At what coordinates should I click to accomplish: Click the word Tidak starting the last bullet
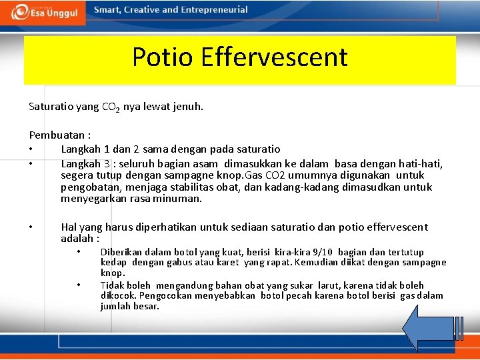click(111, 285)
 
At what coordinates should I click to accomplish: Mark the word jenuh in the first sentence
click(187, 107)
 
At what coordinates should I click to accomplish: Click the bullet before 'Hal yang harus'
click(31, 227)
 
